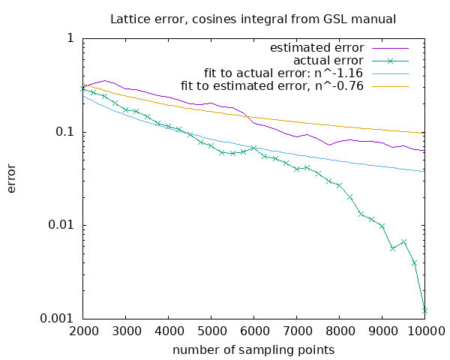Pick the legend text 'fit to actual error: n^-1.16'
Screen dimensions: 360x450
tap(284, 73)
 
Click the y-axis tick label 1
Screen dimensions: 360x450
tap(70, 38)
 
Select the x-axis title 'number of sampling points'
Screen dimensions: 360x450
tap(253, 349)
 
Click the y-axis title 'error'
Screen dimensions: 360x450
tap(12, 178)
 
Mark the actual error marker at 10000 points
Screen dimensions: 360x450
tap(424, 310)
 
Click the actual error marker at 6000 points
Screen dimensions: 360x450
tap(253, 148)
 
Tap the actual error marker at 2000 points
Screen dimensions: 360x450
tap(82, 88)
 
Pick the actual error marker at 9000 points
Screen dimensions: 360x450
tap(382, 226)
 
